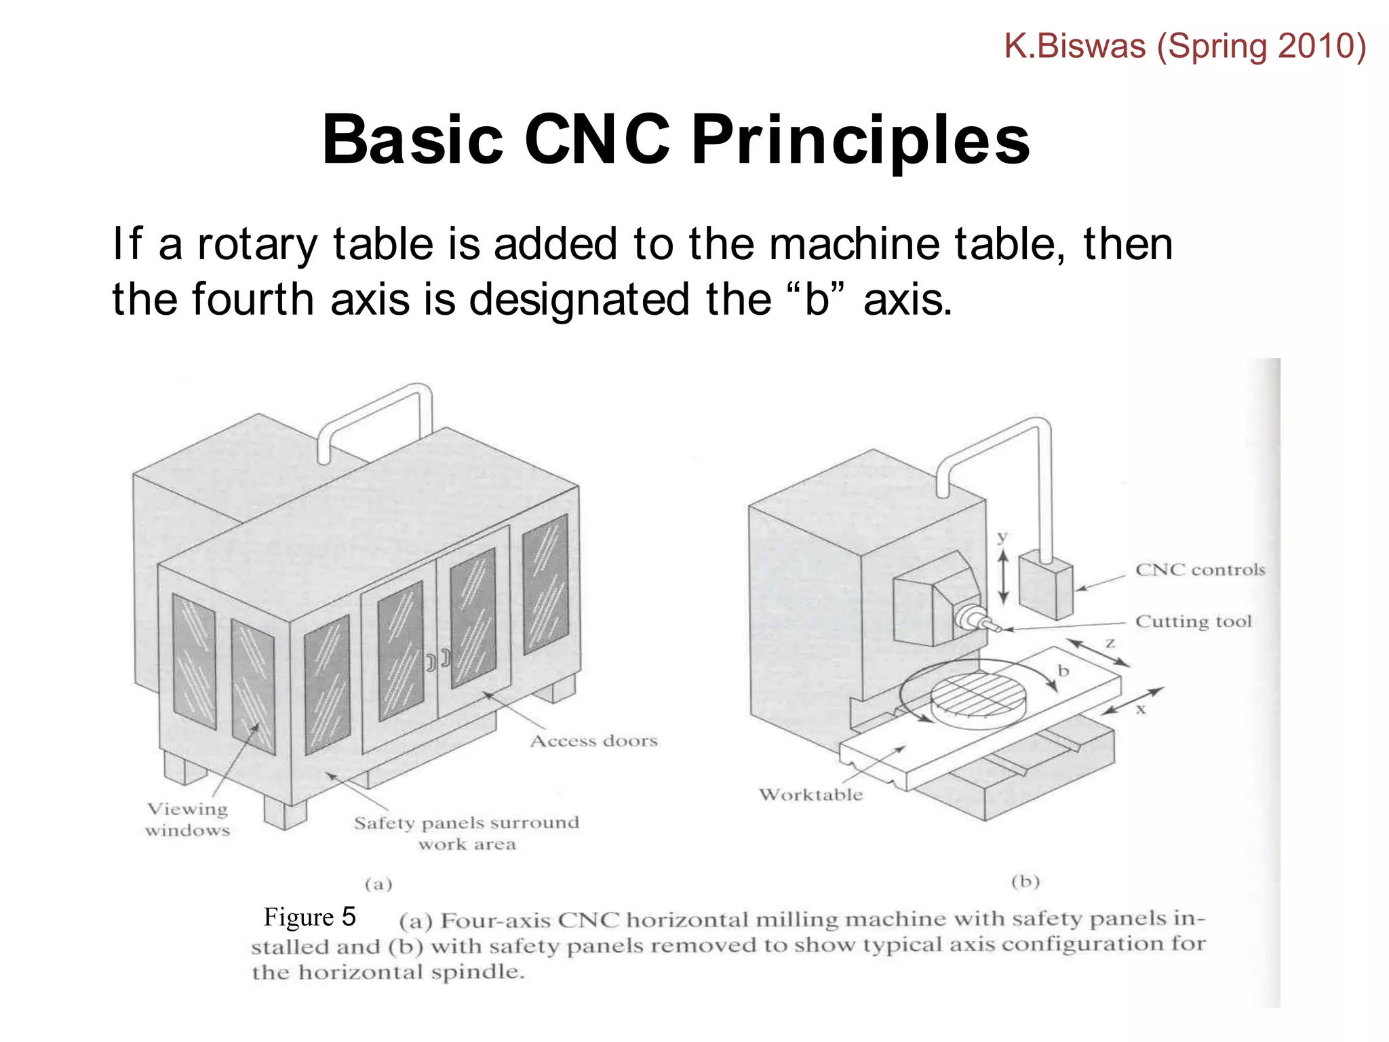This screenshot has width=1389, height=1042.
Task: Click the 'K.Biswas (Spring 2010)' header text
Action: [1184, 46]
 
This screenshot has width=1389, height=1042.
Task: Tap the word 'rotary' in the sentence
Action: [256, 244]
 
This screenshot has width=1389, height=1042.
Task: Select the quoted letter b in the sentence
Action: [817, 299]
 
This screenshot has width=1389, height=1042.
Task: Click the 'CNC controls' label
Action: [1200, 570]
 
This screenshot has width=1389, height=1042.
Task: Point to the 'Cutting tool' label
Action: [1193, 621]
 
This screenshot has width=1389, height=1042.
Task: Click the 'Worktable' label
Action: [810, 795]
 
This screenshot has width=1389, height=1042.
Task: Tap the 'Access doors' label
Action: [593, 741]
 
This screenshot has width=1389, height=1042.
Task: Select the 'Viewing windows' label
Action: [187, 819]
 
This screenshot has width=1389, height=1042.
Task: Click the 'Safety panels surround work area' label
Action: [467, 833]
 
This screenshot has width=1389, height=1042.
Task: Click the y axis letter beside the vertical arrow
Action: [1002, 537]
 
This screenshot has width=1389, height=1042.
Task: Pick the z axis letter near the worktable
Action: [1110, 642]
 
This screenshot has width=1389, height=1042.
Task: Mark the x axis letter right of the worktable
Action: [1141, 710]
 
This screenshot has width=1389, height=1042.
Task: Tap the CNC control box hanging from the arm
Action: [1045, 585]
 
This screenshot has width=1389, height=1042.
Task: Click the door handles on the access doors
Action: [438, 659]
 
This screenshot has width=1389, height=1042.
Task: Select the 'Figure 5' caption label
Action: [309, 917]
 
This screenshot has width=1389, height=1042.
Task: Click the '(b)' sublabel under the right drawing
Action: [1025, 881]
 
